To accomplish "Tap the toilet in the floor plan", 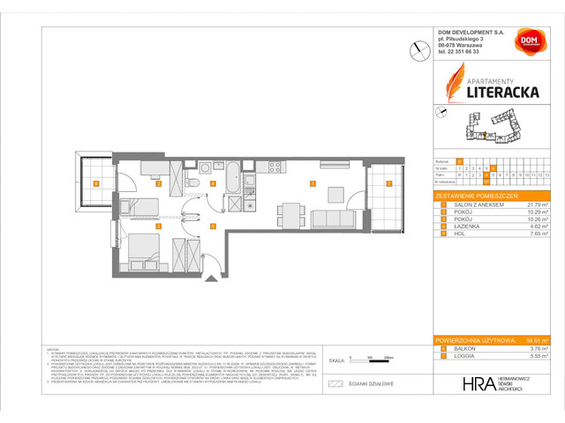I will coord(193,182).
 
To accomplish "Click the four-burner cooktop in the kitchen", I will coord(275,167).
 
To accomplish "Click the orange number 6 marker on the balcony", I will coord(95,184).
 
